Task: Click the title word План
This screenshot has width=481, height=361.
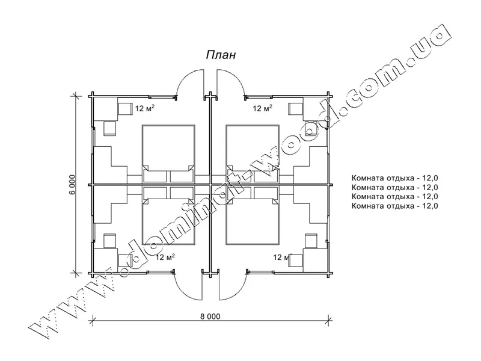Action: tap(221, 55)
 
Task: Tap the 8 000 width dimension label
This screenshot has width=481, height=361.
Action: tap(210, 316)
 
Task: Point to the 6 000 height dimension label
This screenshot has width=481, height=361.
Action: tap(72, 185)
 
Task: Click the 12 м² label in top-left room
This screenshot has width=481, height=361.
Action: tap(144, 108)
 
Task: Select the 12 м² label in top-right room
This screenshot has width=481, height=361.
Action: tap(262, 108)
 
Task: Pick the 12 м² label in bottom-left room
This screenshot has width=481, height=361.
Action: tap(165, 257)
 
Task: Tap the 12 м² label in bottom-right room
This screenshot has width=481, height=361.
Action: tap(282, 257)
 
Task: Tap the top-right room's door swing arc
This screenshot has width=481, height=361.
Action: tap(238, 77)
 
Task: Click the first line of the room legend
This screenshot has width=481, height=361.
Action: tap(395, 178)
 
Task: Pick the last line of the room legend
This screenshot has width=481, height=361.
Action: tap(395, 206)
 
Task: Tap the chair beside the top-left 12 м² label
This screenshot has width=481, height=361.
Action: tap(125, 109)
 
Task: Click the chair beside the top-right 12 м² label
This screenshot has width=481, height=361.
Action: tap(295, 109)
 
